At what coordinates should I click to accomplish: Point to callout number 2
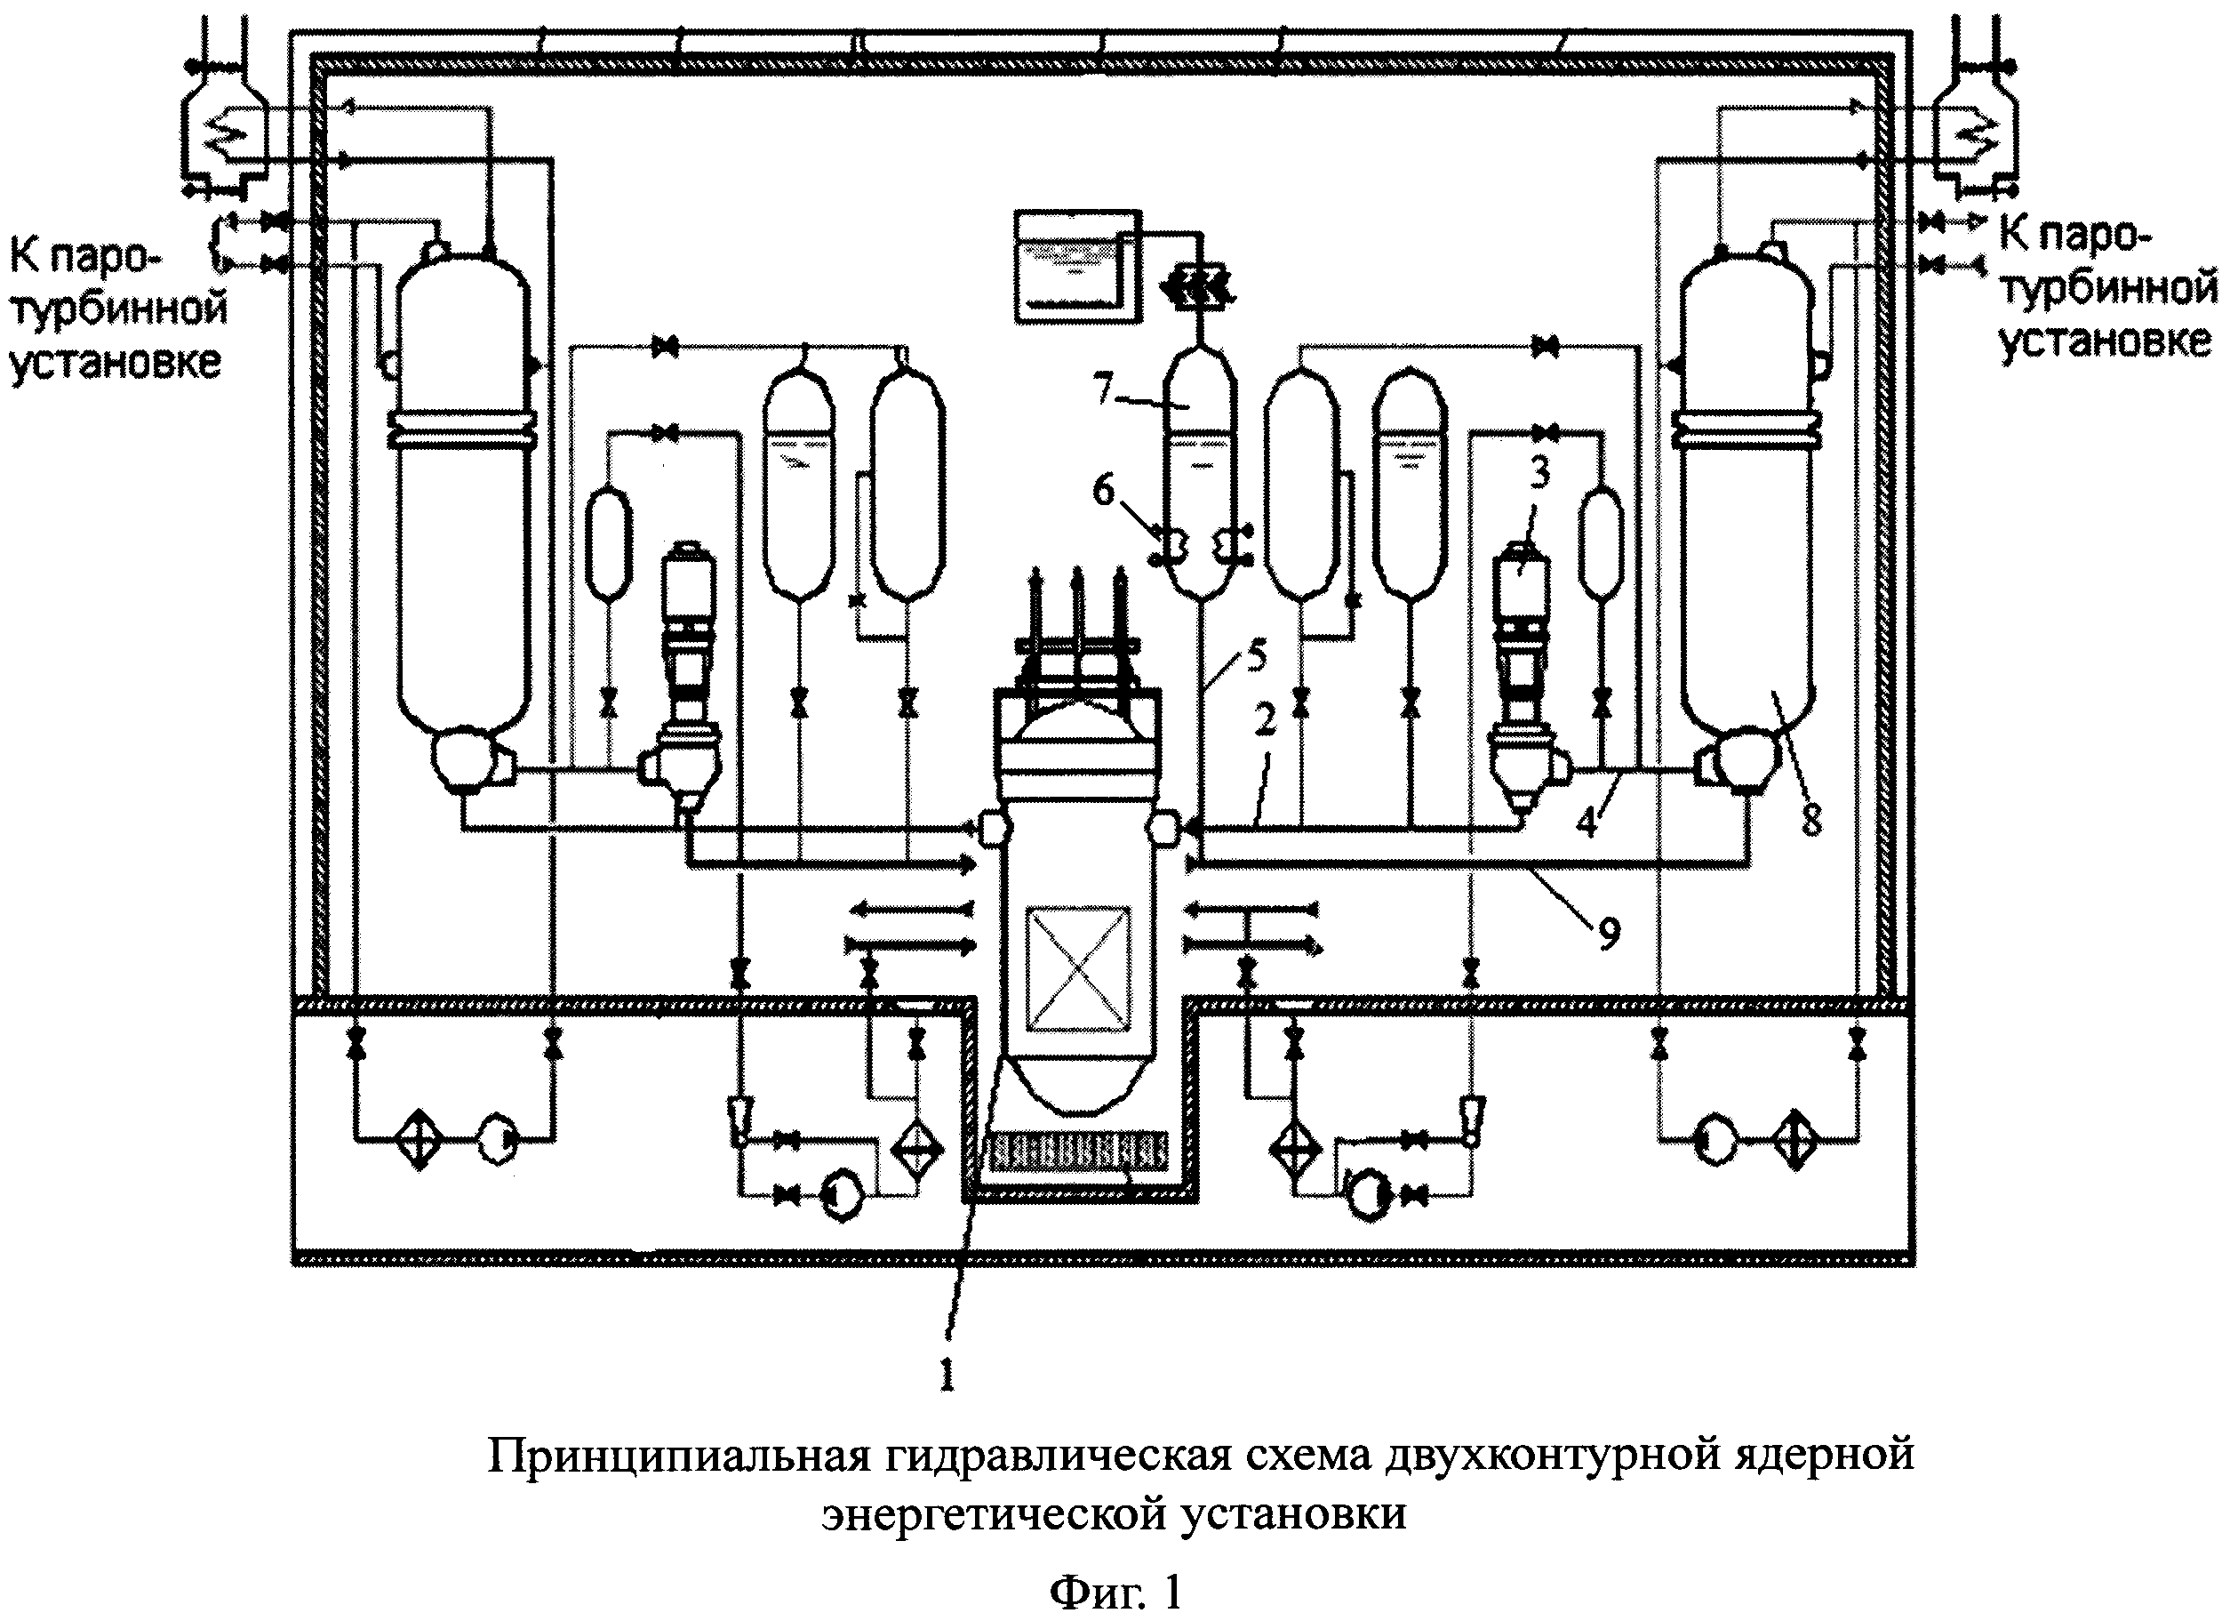[1265, 721]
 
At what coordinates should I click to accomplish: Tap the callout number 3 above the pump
[1539, 474]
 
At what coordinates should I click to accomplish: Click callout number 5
[1257, 654]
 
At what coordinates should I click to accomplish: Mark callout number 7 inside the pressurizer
[1105, 390]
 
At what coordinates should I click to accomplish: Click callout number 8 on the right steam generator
[1811, 819]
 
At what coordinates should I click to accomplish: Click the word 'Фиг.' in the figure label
[1095, 1592]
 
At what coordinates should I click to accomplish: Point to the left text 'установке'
[116, 362]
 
